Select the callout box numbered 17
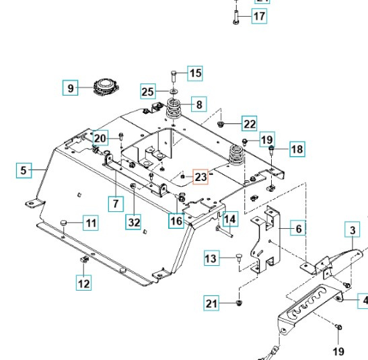point(259,16)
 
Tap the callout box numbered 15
point(194,73)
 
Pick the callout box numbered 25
point(148,91)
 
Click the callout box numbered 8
point(198,104)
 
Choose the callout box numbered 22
point(249,124)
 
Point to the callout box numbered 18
point(297,149)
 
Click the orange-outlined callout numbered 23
point(201,177)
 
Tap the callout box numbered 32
point(134,221)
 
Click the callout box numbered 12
point(83,283)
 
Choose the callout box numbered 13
point(211,258)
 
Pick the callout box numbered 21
point(213,305)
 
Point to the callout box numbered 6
point(297,229)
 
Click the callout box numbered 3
point(351,231)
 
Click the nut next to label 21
point(239,305)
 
